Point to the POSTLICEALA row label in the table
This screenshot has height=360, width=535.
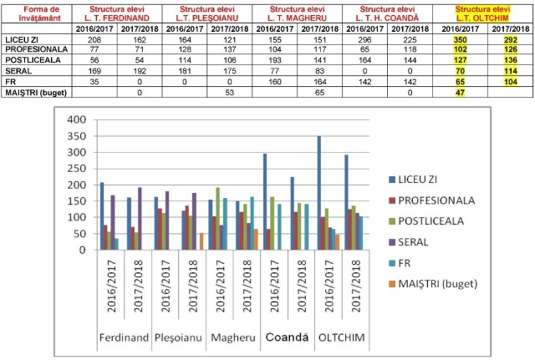[28, 61]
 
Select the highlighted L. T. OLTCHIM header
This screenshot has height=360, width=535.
[483, 13]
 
